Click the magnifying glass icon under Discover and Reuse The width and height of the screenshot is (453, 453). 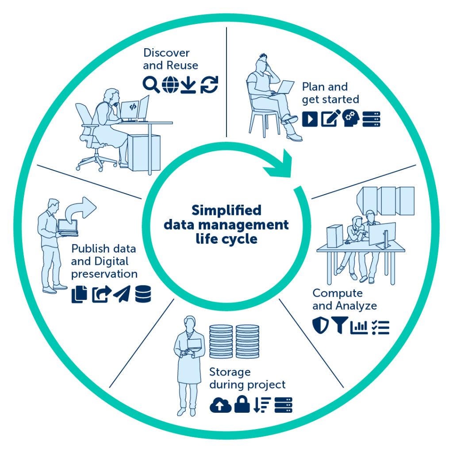(151, 84)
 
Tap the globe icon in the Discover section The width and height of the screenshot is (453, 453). (170, 84)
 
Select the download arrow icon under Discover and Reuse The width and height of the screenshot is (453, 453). (188, 85)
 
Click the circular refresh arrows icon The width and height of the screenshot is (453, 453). (209, 84)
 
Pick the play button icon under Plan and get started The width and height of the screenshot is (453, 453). (310, 119)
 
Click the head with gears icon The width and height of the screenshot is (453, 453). (351, 118)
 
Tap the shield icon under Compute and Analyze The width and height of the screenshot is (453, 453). (320, 326)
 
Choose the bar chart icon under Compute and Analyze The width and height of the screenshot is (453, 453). (359, 327)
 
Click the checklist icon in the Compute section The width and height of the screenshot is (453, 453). (380, 327)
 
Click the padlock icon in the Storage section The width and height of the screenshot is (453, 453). (242, 404)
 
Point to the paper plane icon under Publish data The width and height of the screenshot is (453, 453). (122, 294)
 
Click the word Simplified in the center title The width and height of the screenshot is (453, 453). (226, 210)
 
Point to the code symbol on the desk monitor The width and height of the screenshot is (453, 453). (133, 107)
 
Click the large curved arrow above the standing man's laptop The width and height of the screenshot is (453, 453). (81, 209)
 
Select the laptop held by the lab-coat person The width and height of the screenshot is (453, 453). (194, 345)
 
